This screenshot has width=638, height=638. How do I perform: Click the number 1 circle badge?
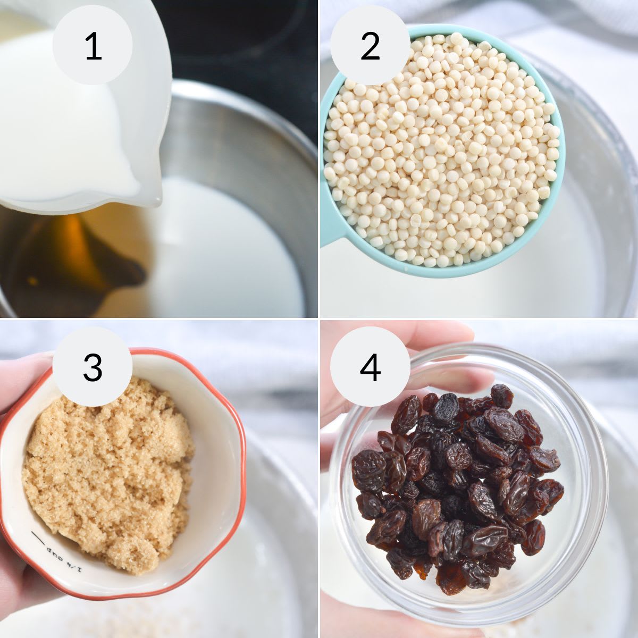pyautogui.click(x=93, y=45)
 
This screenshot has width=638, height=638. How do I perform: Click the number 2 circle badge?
pyautogui.click(x=370, y=45)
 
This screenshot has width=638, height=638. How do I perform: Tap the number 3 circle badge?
pyautogui.click(x=93, y=367)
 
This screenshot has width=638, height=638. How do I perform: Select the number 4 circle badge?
pyautogui.click(x=370, y=367)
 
